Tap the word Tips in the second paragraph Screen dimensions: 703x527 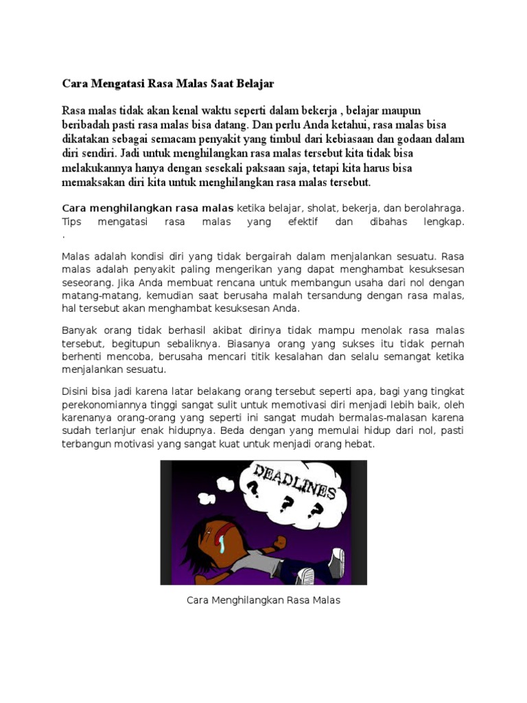point(71,222)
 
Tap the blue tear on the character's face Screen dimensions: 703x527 point(223,546)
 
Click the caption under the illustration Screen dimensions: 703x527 point(263,600)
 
